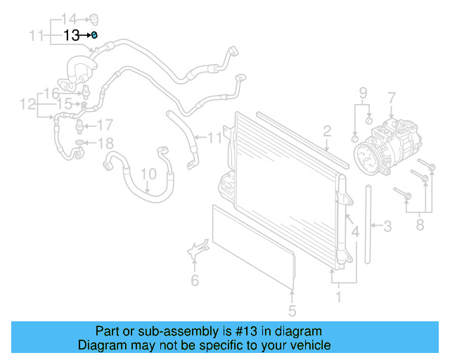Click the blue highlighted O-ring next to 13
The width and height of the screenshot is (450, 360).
(94, 34)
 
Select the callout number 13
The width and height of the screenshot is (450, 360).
(72, 35)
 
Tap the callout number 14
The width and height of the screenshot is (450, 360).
(69, 18)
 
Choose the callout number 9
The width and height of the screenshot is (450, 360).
(363, 94)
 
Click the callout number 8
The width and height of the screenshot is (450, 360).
(421, 225)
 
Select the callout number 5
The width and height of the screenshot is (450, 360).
(292, 310)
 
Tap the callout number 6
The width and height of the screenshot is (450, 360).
(195, 281)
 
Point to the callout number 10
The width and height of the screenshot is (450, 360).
(148, 174)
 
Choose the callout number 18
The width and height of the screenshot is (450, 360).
(104, 144)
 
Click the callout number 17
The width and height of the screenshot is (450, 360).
(104, 126)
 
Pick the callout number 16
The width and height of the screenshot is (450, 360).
(51, 94)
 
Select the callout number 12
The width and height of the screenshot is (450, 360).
(27, 105)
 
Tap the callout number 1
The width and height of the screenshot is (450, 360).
(338, 297)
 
